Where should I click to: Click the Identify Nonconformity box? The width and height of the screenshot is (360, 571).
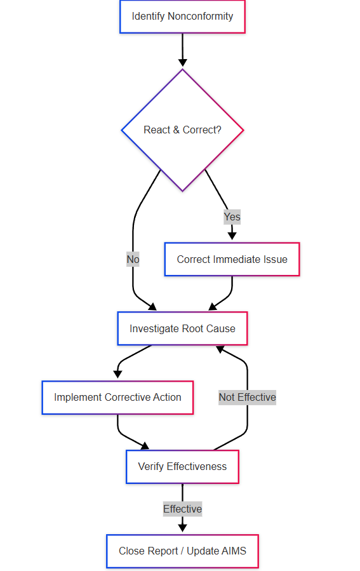click(x=182, y=17)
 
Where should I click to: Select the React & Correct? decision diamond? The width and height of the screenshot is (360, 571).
click(x=182, y=130)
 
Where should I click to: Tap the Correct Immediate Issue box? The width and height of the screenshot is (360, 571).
click(x=232, y=259)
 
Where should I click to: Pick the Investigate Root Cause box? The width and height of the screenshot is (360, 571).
click(x=182, y=328)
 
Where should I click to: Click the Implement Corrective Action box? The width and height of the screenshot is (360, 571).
click(x=117, y=398)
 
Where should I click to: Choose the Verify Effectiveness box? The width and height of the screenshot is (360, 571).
click(x=182, y=467)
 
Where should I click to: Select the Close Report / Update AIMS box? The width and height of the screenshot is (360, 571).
click(x=182, y=551)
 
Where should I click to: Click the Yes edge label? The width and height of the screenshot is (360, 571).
click(x=232, y=217)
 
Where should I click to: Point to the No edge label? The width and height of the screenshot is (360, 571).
click(x=133, y=259)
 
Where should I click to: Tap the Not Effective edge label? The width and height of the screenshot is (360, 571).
click(x=247, y=398)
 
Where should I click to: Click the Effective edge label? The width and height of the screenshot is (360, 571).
click(x=182, y=509)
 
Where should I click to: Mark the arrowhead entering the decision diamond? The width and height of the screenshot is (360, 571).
click(x=183, y=63)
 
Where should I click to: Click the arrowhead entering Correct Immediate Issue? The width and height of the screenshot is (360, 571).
click(x=232, y=237)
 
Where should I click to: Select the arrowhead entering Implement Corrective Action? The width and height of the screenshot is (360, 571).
click(x=117, y=375)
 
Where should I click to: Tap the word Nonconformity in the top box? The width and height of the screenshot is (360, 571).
click(x=200, y=17)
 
